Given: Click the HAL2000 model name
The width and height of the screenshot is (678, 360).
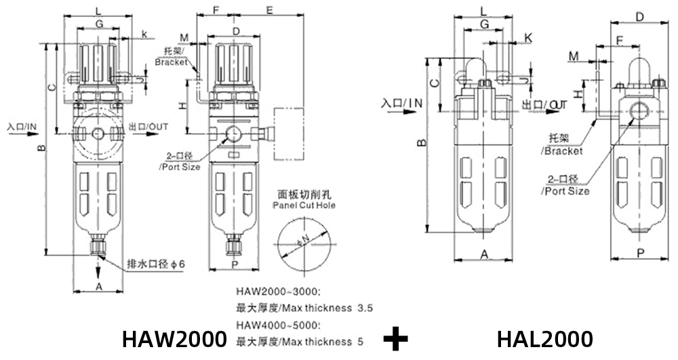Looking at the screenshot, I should click(x=544, y=338).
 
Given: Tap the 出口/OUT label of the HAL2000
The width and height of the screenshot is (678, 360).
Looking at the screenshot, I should click(x=544, y=104).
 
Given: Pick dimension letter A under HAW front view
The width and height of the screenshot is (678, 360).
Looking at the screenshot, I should click(x=99, y=287).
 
